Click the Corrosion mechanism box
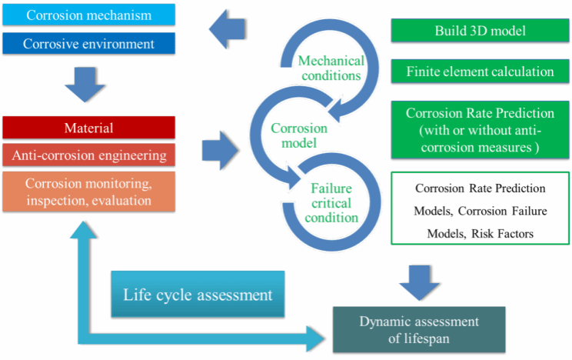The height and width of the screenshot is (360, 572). [89, 15]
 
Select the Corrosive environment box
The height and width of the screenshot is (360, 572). [89, 44]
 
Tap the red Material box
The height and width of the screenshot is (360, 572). [89, 127]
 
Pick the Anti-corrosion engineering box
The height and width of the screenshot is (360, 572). [89, 155]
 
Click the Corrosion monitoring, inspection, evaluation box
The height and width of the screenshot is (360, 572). [89, 192]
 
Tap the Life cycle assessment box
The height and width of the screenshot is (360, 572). [198, 294]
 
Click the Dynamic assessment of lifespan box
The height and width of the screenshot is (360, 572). [414, 328]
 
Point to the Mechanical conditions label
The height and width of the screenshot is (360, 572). [331, 68]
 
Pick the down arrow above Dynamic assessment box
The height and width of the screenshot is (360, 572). [416, 279]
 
